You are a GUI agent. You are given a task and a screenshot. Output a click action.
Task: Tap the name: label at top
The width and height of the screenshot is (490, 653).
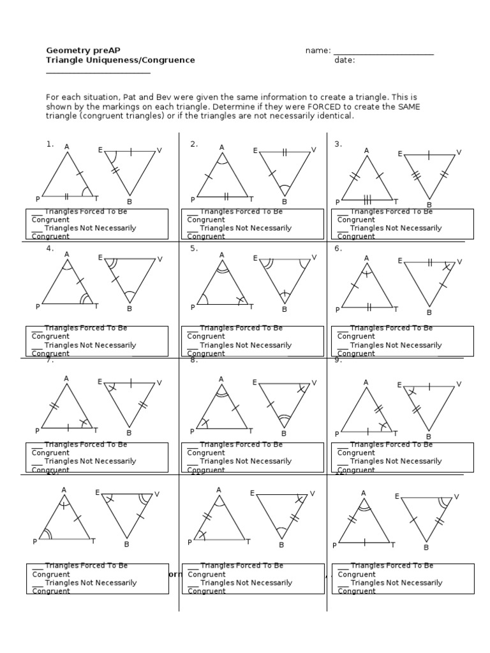[318, 50]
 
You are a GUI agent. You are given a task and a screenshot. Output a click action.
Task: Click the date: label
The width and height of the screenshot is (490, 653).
[345, 61]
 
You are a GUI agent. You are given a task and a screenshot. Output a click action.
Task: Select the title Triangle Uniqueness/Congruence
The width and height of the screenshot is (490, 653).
[121, 61]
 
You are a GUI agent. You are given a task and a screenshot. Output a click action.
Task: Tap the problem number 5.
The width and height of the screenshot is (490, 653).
[194, 249]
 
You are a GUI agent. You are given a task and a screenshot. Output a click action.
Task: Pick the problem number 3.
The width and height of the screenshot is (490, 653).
[338, 144]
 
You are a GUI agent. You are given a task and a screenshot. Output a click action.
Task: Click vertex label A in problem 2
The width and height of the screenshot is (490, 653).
[222, 147]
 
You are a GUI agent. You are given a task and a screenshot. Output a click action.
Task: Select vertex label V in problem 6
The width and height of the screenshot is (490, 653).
[459, 261]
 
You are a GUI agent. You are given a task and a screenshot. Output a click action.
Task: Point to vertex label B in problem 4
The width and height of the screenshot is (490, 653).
[130, 309]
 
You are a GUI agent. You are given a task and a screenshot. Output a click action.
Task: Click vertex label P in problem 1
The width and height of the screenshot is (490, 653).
[38, 200]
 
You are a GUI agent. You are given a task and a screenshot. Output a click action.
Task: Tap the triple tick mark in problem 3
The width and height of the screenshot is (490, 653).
[367, 198]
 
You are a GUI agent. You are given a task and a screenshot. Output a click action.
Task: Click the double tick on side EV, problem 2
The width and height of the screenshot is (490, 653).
[285, 152]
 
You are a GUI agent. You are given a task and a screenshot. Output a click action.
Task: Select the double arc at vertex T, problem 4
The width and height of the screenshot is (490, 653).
[85, 298]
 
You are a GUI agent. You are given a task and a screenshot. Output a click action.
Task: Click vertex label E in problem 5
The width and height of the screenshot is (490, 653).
[255, 258]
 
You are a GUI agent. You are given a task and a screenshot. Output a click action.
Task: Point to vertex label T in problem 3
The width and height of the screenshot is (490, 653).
[396, 201]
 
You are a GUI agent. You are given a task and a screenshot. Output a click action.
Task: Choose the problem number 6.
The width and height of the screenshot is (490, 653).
[338, 249]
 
